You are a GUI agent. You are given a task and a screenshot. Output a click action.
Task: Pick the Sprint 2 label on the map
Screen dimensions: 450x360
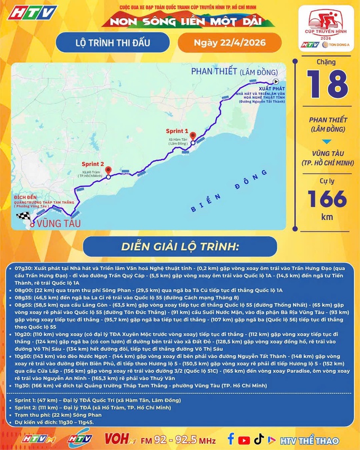[x=93, y=164]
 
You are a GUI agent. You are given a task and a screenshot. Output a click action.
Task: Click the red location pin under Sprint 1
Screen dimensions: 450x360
[x=192, y=135]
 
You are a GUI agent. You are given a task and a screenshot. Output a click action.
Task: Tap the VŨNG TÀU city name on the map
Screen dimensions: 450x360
[x=55, y=224]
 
